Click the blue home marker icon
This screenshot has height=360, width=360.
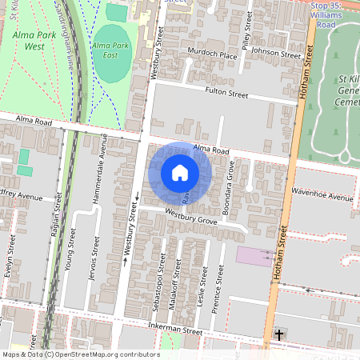180,172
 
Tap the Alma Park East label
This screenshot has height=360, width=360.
111,51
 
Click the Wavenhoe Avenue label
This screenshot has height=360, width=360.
322,197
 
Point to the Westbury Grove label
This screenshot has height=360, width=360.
191,216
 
